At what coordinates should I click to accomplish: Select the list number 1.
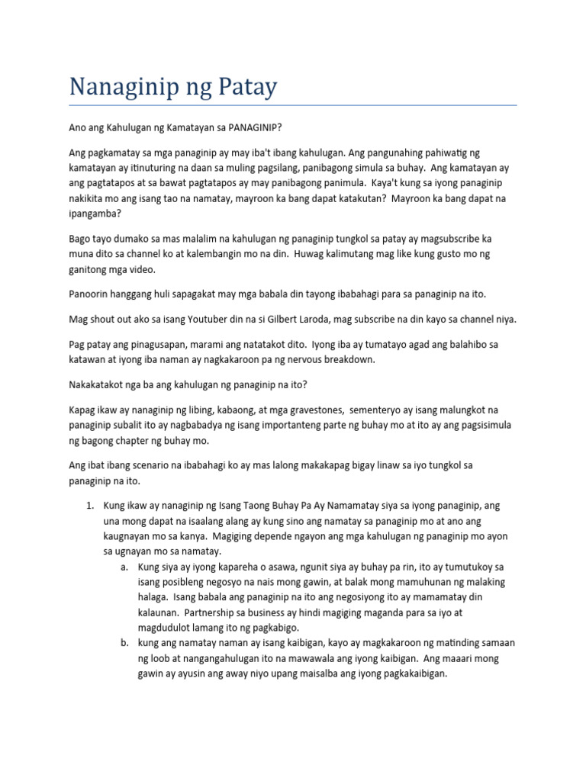[89, 506]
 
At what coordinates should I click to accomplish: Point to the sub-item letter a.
[124, 567]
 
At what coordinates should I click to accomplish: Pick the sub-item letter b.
[124, 643]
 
